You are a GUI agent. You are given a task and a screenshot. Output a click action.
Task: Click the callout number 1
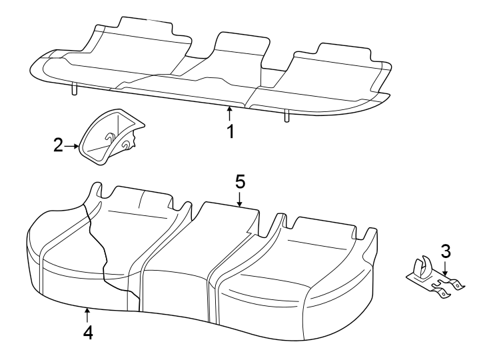pos(230,131)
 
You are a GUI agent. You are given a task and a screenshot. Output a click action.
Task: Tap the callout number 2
pos(59,145)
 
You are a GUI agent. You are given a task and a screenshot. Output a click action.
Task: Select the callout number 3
pos(446,252)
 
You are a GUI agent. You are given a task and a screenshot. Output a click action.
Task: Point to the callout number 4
pos(87,331)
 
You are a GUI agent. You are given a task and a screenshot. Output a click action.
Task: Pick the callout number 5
pos(241,181)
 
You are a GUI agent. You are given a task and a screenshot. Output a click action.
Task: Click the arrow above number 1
pos(230,112)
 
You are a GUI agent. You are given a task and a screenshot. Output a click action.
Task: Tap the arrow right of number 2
pos(72,145)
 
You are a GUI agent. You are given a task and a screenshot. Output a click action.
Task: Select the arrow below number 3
pos(446,269)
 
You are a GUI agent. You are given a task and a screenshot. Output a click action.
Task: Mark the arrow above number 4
pos(87,312)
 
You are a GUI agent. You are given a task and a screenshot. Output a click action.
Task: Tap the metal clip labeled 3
pos(436,279)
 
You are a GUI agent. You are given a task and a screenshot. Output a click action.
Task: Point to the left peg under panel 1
pos(75,89)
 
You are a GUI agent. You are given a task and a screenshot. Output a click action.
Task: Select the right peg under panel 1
pos(286,116)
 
